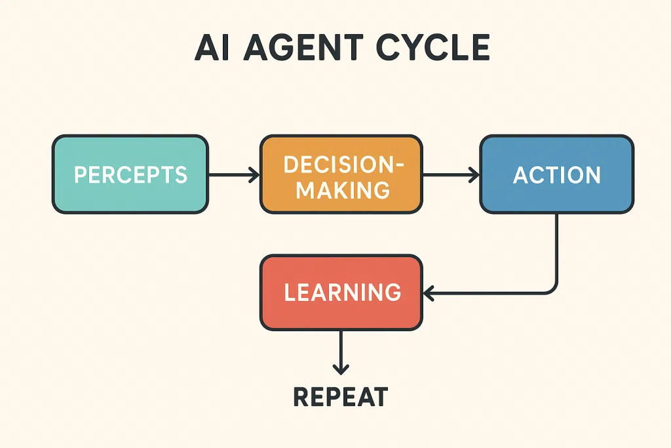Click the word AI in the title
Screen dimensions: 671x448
(x=212, y=47)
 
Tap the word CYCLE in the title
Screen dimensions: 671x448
(x=433, y=47)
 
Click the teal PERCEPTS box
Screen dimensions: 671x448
(x=130, y=174)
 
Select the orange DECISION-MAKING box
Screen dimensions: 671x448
(x=341, y=174)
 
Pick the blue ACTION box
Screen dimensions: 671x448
(x=557, y=174)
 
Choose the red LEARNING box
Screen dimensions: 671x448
(x=341, y=293)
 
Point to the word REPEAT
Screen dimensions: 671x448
(x=341, y=397)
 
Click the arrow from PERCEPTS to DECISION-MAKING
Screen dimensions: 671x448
(x=234, y=174)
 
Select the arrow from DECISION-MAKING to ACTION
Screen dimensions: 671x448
(x=451, y=174)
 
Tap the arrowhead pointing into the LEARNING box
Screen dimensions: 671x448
(x=429, y=293)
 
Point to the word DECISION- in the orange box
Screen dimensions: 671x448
(x=343, y=165)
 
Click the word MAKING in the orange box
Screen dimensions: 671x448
(x=343, y=190)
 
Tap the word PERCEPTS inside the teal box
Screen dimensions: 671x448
(x=130, y=174)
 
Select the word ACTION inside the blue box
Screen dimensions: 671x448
(x=557, y=174)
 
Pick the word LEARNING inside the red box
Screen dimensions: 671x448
(x=343, y=292)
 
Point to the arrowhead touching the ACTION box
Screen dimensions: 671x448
(x=474, y=174)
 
